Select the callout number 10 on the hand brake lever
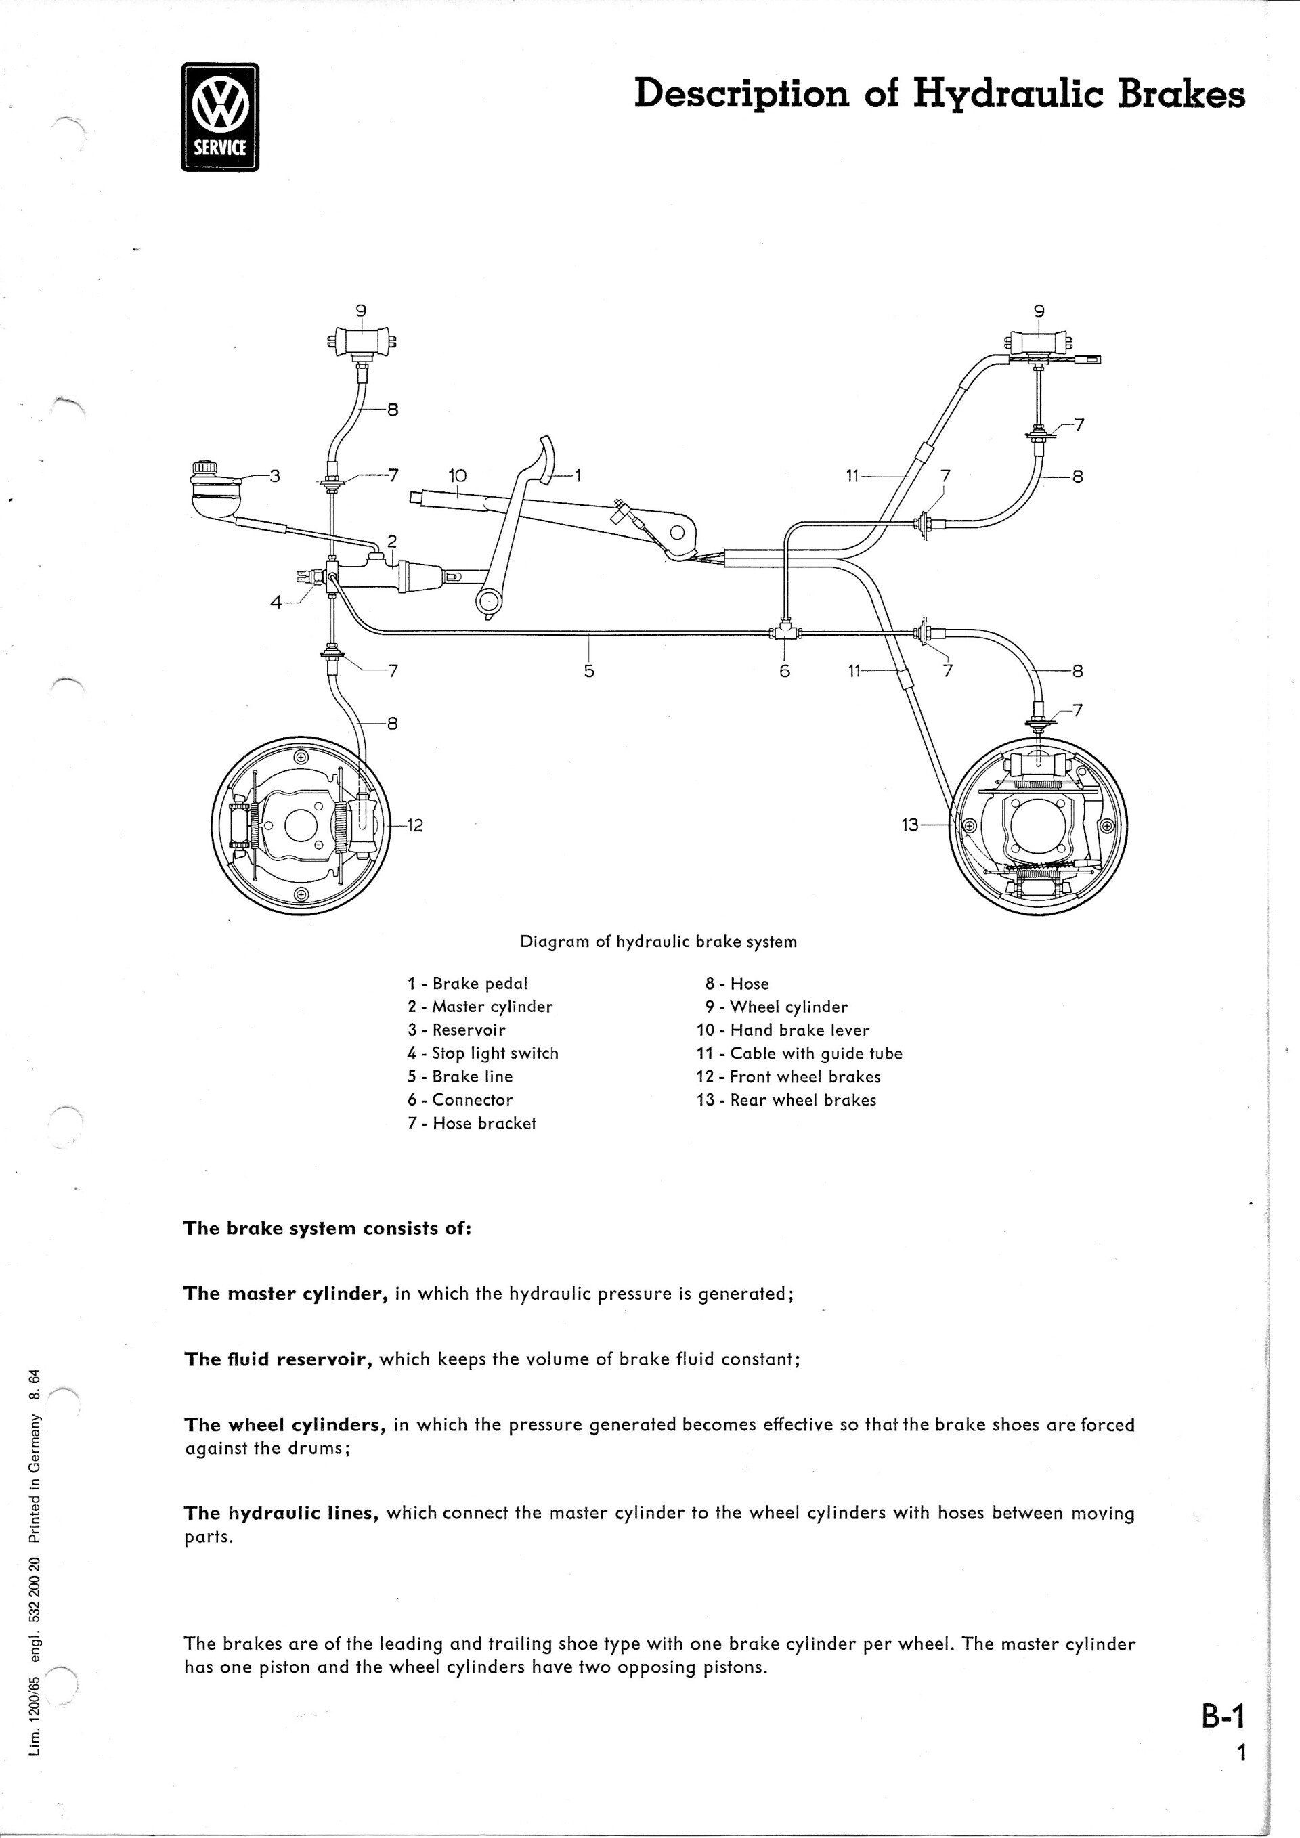pyautogui.click(x=456, y=477)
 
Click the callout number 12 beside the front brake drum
pyautogui.click(x=414, y=825)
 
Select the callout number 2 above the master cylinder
pyautogui.click(x=392, y=542)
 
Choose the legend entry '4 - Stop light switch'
pyautogui.click(x=483, y=1053)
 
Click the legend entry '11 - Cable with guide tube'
pyautogui.click(x=799, y=1053)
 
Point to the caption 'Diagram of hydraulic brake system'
pyautogui.click(x=658, y=942)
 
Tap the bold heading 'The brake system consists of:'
pyautogui.click(x=328, y=1228)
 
